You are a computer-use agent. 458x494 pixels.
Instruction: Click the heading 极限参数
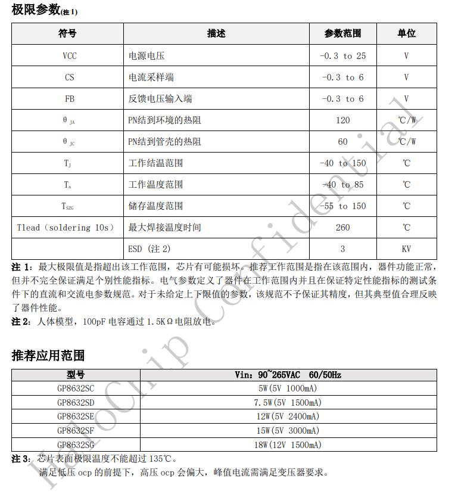36,10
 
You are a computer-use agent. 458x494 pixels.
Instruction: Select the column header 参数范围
342,34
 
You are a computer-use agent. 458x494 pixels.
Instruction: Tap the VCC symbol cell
70,56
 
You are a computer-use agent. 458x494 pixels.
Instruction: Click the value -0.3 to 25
342,56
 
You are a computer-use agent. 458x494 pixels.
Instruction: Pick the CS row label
70,77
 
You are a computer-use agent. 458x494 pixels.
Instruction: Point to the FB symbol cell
70,99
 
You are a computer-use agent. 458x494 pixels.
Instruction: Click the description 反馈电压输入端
160,99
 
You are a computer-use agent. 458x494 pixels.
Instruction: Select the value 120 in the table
342,120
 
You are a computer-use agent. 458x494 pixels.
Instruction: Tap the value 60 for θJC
342,142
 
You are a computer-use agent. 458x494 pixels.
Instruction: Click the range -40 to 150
342,163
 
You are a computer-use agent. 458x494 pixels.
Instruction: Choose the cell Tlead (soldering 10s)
66,228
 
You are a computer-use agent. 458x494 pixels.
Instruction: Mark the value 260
342,228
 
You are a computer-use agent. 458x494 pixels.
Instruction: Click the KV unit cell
406,249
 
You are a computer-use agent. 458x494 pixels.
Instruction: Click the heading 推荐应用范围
48,356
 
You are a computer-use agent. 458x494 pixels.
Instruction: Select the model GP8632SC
76,388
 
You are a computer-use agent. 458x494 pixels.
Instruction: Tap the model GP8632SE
76,417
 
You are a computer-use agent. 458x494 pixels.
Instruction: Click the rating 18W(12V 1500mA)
288,445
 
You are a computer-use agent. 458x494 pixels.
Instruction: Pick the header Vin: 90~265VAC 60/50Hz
288,375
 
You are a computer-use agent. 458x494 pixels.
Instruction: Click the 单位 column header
406,34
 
